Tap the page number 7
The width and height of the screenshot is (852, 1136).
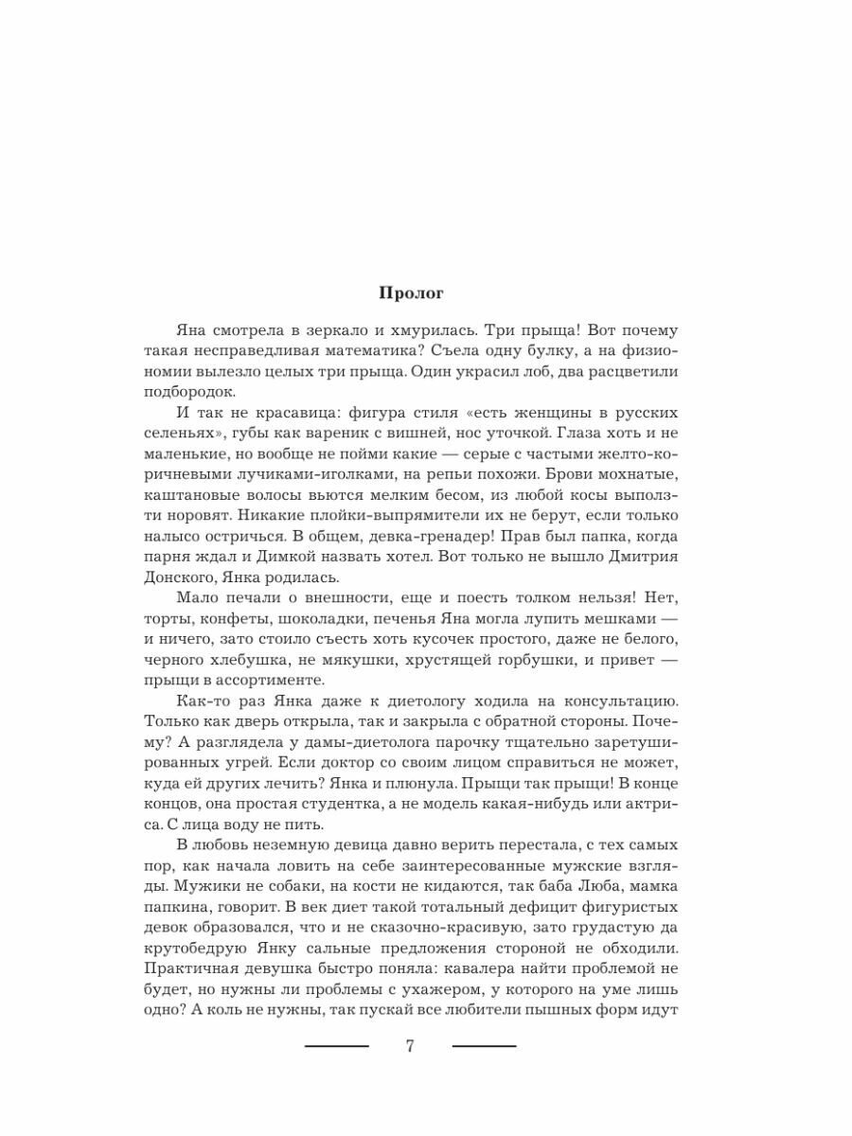pos(410,1047)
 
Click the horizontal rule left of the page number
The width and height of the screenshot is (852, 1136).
pos(336,1046)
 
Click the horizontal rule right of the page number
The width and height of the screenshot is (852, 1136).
pos(485,1046)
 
